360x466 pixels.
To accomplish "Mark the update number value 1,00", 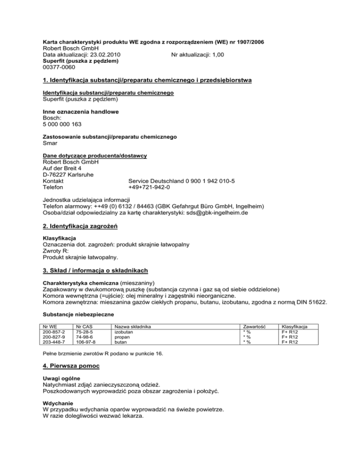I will click(216, 55).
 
